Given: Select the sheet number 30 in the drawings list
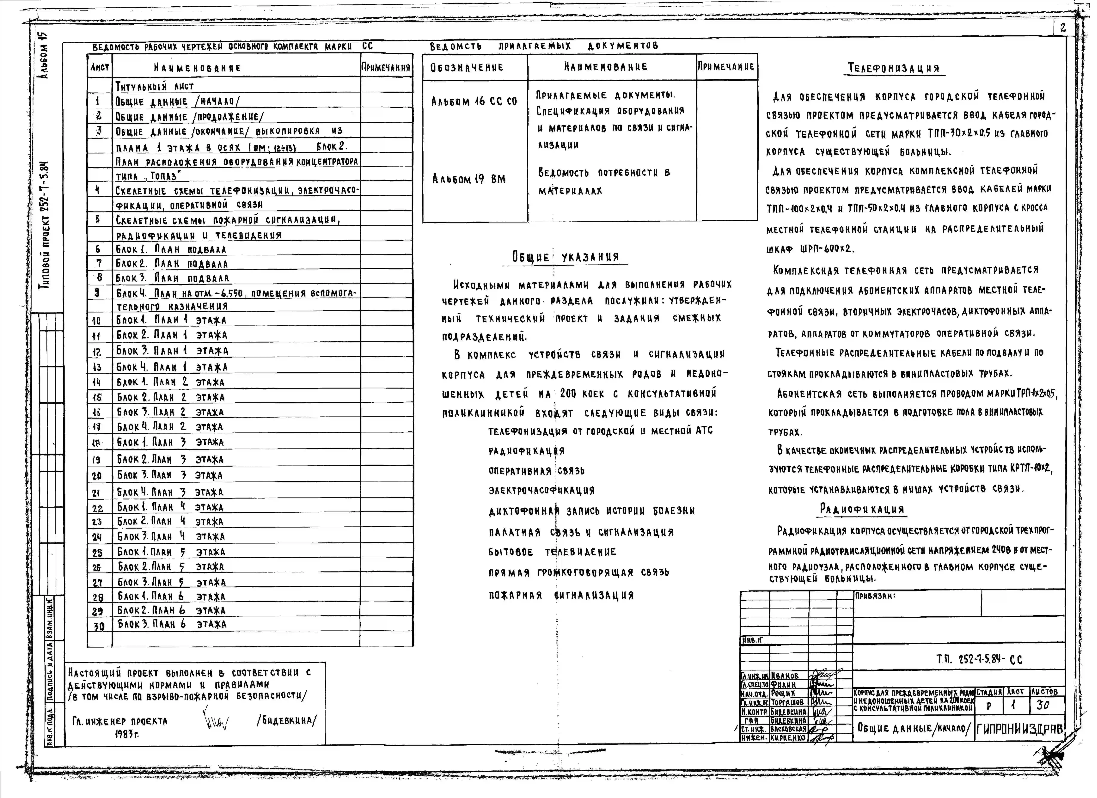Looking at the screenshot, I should pos(99,626).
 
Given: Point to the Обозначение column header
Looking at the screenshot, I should pos(467,67).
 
